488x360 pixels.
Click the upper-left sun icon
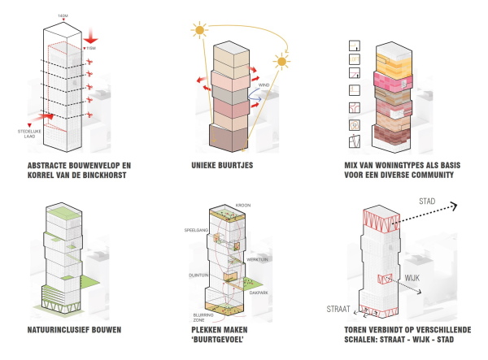198,31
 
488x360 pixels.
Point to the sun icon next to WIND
281,61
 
